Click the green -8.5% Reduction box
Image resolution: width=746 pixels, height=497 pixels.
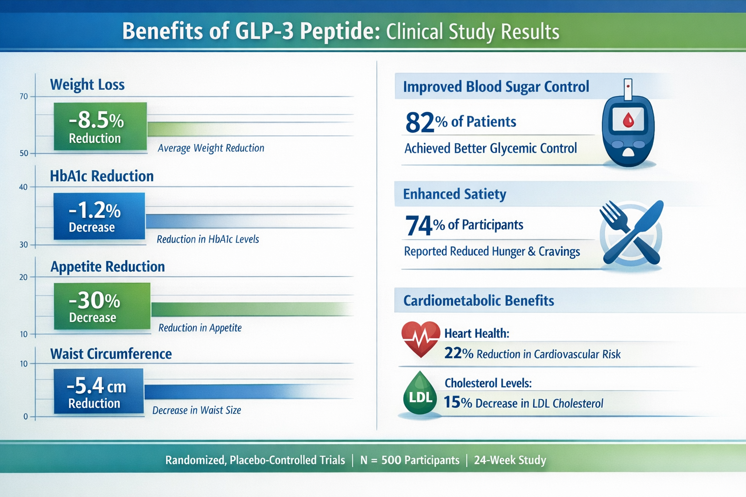click(x=100, y=126)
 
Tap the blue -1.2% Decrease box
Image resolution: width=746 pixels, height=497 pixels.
click(x=99, y=216)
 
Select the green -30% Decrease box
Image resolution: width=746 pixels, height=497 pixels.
click(x=102, y=306)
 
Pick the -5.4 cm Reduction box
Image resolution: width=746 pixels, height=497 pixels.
click(x=99, y=392)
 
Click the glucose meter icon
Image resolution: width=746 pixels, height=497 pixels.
click(x=628, y=126)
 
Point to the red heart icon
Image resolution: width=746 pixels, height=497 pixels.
click(x=421, y=339)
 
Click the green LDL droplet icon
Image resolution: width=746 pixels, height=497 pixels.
click(x=420, y=394)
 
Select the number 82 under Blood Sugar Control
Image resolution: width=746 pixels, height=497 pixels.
click(x=420, y=122)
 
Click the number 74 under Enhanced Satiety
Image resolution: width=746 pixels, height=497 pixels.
click(x=419, y=226)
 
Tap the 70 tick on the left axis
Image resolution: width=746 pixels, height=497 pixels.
click(x=24, y=97)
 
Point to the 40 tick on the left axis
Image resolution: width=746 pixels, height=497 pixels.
click(x=23, y=187)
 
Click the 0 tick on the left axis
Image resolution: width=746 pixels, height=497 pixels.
click(x=26, y=416)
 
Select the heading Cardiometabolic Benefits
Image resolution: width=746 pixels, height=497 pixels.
click(x=478, y=300)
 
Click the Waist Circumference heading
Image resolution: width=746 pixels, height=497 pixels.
click(x=111, y=354)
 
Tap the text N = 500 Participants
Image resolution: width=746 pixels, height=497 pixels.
click(x=409, y=460)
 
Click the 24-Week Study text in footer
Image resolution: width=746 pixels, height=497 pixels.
click(x=510, y=460)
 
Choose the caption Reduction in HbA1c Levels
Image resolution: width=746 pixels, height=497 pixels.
click(x=208, y=239)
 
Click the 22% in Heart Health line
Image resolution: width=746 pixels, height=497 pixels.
click(x=458, y=353)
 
